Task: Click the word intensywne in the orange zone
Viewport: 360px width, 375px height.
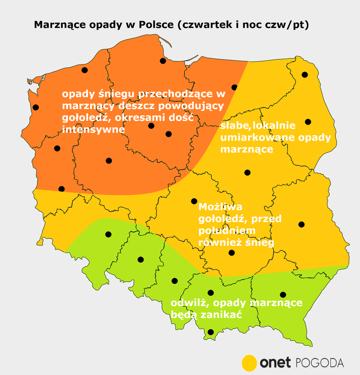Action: tap(94, 129)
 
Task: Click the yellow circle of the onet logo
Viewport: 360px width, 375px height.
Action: tap(249, 363)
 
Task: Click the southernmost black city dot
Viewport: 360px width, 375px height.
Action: tap(210, 332)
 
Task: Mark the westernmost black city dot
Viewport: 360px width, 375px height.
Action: tap(36, 107)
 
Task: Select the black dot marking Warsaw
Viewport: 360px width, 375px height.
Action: tap(247, 172)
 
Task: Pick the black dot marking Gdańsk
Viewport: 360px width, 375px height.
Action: tap(163, 61)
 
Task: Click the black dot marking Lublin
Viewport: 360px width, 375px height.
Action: tap(301, 224)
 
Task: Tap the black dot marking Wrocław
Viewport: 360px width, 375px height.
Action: tap(108, 234)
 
